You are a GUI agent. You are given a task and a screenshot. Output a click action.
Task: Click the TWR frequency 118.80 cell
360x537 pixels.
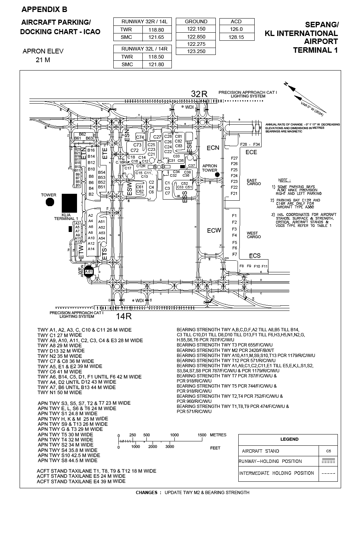pyautogui.click(x=156, y=30)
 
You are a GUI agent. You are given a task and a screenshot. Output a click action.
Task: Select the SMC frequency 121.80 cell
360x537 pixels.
pyautogui.click(x=156, y=64)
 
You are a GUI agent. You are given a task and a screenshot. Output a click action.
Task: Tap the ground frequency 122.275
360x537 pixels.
pyautogui.click(x=196, y=44)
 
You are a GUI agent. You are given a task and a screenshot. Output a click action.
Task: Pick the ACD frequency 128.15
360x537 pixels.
pyautogui.click(x=236, y=37)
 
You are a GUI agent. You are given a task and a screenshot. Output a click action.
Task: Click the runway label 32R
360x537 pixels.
pyautogui.click(x=199, y=94)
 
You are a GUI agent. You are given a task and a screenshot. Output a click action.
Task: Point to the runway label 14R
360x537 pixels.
pyautogui.click(x=124, y=316)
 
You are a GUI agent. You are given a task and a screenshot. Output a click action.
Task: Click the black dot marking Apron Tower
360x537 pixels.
pyautogui.click(x=217, y=175)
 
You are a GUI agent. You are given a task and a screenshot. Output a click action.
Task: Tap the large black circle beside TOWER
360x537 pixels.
pyautogui.click(x=50, y=202)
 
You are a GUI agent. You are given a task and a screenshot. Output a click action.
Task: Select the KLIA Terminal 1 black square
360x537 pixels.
pyautogui.click(x=69, y=203)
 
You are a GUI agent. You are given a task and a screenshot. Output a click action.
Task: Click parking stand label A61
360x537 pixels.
pyautogui.click(x=88, y=272)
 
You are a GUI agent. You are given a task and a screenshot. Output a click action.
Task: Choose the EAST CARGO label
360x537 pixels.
pyautogui.click(x=254, y=182)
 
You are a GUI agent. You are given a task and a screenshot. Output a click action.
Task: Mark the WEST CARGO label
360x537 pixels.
pyautogui.click(x=254, y=235)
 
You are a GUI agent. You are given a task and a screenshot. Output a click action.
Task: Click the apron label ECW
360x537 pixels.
pyautogui.click(x=214, y=231)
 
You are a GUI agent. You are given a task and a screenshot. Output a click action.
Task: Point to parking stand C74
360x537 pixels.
pyautogui.click(x=140, y=137)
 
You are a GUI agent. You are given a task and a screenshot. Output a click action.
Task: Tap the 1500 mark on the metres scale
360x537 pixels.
pyautogui.click(x=202, y=435)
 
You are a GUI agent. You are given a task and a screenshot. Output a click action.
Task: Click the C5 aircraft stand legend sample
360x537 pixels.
pyautogui.click(x=328, y=451)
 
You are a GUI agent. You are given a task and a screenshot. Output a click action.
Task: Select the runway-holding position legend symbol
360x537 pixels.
pyautogui.click(x=328, y=461)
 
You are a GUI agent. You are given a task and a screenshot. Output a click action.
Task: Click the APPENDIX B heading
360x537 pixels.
pyautogui.click(x=44, y=9)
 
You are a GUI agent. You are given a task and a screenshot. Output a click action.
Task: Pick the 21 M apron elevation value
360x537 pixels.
pyautogui.click(x=43, y=60)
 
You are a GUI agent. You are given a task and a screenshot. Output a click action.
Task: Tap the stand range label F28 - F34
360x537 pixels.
pyautogui.click(x=250, y=144)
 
